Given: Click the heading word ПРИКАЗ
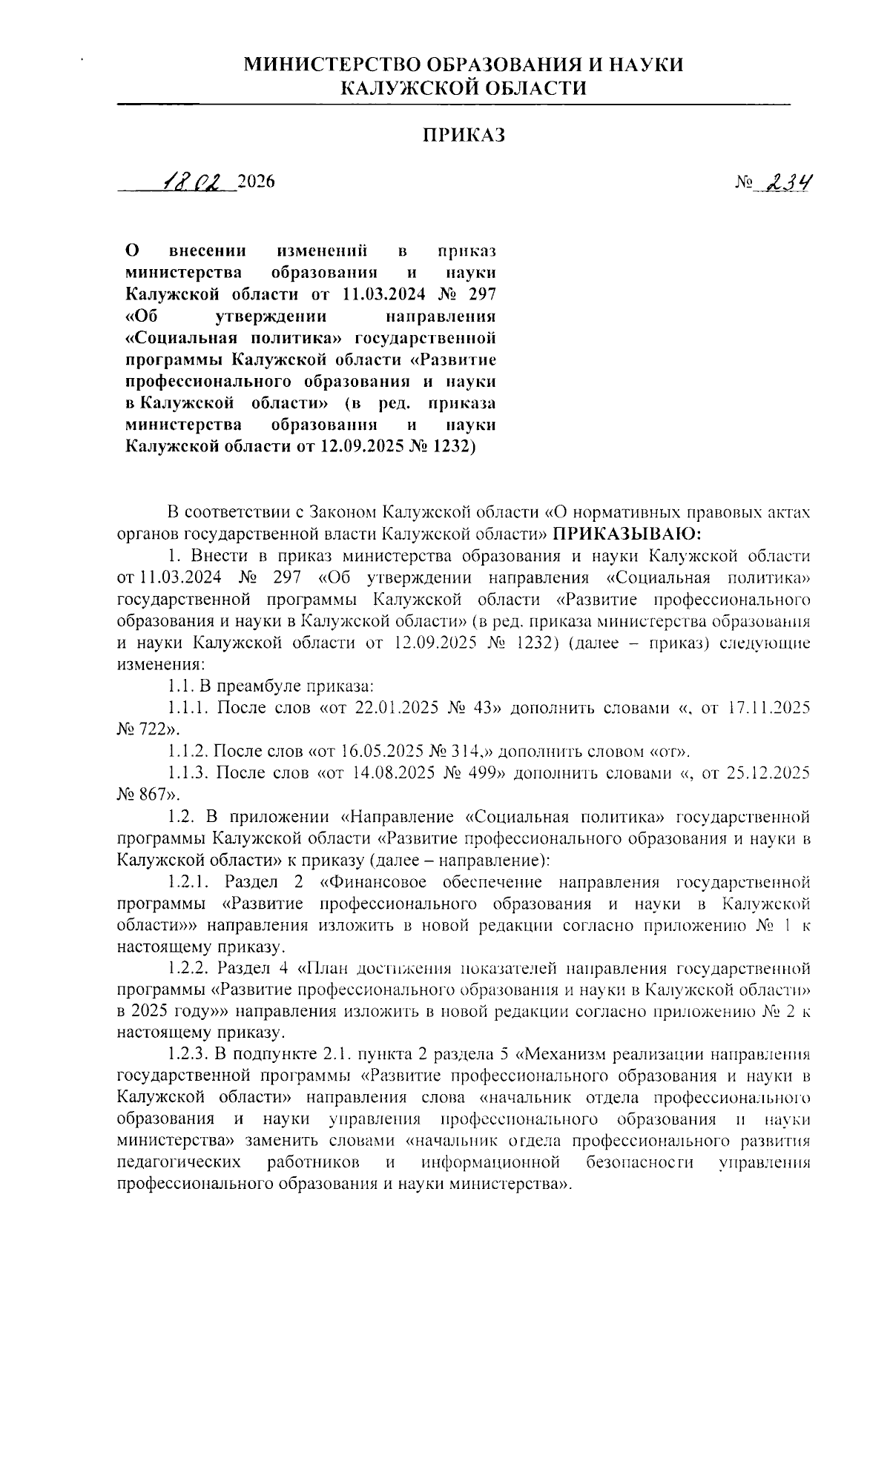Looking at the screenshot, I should coord(464,135).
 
